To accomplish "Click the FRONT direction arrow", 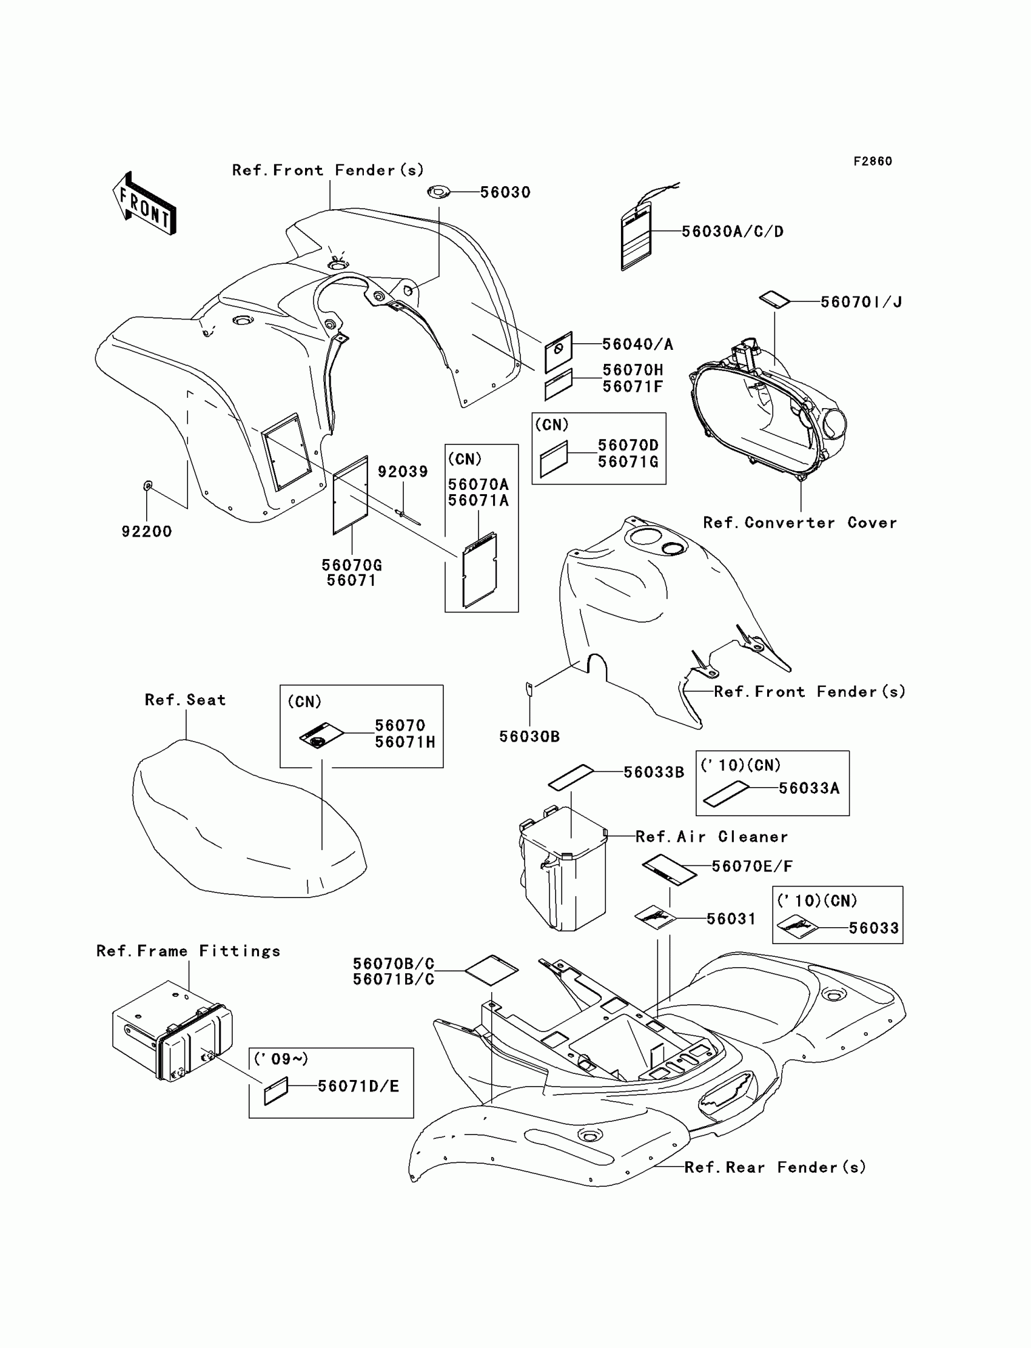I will tap(144, 204).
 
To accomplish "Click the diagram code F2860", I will tap(872, 161).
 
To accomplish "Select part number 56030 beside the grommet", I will tap(505, 193).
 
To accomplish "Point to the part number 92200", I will tap(147, 532).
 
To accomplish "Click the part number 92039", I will tap(403, 472).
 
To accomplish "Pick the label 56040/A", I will tap(637, 345).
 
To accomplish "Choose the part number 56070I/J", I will tap(861, 302).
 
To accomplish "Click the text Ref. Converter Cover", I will tap(800, 523).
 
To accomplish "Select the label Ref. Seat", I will tap(186, 700).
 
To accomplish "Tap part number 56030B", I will tap(529, 737).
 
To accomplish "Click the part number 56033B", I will tap(654, 773).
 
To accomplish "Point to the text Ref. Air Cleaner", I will tap(711, 837).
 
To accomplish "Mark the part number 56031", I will tap(731, 919).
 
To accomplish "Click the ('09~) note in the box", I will tap(281, 1059).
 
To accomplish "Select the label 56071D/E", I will tap(358, 1087).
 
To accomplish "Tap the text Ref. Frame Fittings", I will tap(189, 951).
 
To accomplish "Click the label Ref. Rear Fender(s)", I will tap(774, 1167).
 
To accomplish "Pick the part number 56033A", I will tap(809, 788).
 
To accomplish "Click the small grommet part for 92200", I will tap(147, 486).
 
